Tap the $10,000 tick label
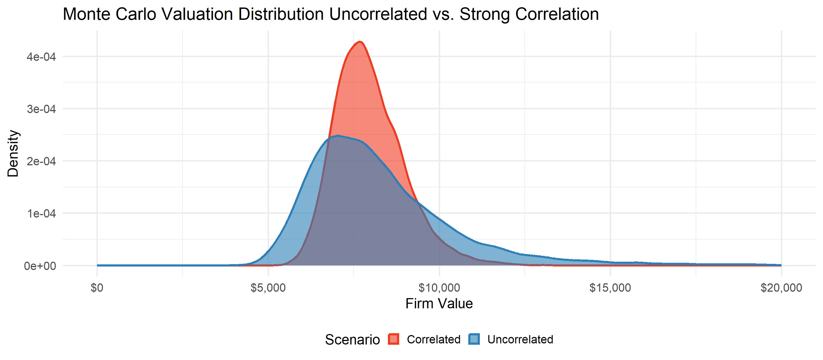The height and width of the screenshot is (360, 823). pyautogui.click(x=439, y=288)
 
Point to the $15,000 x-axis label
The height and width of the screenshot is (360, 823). pyautogui.click(x=610, y=288)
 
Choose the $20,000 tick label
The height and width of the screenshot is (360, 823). pyautogui.click(x=781, y=288)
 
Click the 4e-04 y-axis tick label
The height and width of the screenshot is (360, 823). pyautogui.click(x=41, y=57)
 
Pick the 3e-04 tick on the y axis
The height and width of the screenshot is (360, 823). pyautogui.click(x=41, y=109)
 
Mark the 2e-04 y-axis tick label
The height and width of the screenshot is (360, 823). pyautogui.click(x=41, y=161)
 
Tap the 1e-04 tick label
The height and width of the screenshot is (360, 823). pyautogui.click(x=41, y=213)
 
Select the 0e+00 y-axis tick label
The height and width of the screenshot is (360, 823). pyautogui.click(x=40, y=266)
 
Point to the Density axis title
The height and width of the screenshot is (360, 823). pyautogui.click(x=13, y=153)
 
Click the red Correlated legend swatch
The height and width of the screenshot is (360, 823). pyautogui.click(x=393, y=339)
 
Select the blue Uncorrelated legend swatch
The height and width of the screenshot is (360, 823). pyautogui.click(x=474, y=339)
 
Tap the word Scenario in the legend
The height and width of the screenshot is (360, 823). pyautogui.click(x=352, y=340)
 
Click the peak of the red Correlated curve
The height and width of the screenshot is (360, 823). pyautogui.click(x=360, y=42)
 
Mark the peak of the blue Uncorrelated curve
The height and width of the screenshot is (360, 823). pyautogui.click(x=338, y=136)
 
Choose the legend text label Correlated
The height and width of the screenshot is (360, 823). pyautogui.click(x=433, y=339)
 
